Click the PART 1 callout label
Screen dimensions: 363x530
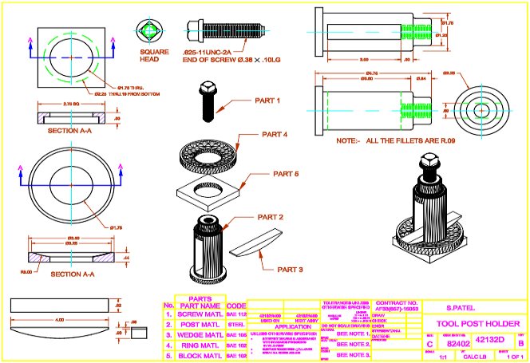click(x=267, y=101)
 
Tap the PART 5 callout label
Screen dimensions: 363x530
click(x=286, y=173)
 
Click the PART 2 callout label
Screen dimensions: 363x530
click(x=271, y=217)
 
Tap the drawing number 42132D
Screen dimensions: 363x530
click(x=488, y=339)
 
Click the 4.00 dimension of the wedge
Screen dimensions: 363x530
click(x=59, y=320)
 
